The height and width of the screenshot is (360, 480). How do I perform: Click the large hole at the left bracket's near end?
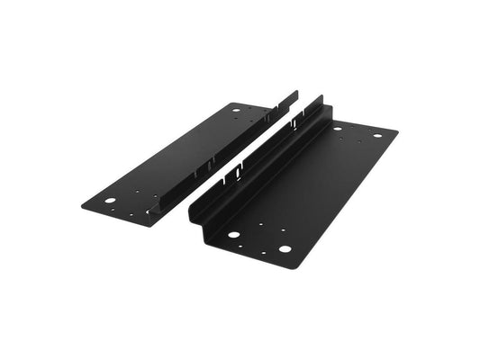click(110, 200)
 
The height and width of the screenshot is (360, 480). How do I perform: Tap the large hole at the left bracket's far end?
click(236, 111)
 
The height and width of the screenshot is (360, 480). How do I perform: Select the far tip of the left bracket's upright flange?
click(295, 91)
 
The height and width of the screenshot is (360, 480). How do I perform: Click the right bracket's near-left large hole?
click(233, 235)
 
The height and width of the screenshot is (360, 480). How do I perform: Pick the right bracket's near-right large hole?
click(285, 248)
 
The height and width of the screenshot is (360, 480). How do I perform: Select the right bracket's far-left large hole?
click(340, 128)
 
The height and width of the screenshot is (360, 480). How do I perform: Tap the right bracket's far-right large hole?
click(377, 136)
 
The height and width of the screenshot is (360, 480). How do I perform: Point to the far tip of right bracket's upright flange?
click(320, 95)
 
